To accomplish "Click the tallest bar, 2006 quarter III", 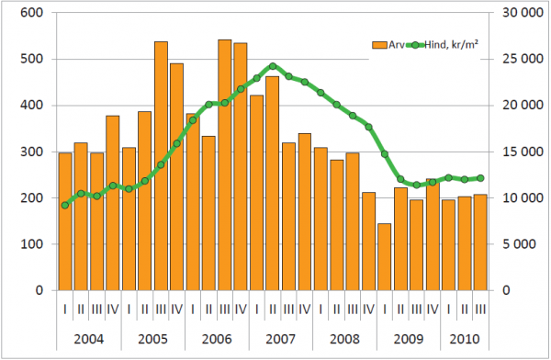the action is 225,165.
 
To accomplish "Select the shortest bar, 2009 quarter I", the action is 385,257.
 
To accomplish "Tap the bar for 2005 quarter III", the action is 161,166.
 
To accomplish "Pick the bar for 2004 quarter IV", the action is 113,203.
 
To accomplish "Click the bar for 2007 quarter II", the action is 273,183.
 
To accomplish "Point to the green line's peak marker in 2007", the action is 273,66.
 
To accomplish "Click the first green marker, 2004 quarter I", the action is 65,206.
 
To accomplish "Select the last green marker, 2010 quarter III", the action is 480,178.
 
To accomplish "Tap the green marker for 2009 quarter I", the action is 385,154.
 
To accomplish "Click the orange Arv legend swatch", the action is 379,45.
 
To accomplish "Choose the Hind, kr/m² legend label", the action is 451,45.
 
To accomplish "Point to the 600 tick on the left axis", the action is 31,13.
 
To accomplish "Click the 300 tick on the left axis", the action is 31,152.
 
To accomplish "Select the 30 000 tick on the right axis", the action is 523,13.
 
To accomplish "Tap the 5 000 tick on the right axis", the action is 519,244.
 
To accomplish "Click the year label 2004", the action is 89,339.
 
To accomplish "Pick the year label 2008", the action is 344,339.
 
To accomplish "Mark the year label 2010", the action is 465,339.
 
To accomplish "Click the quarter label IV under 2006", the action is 241,309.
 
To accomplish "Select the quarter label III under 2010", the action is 480,309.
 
